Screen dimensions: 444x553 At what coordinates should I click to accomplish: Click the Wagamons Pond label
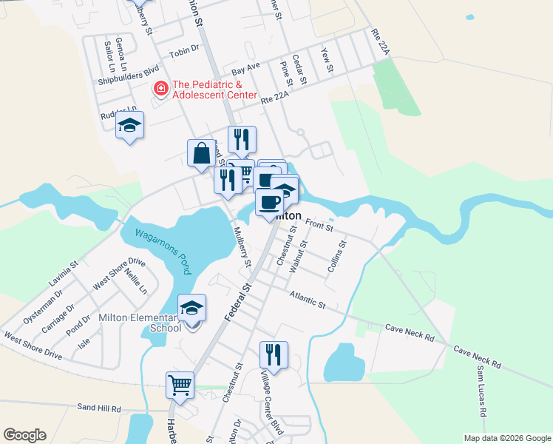(161, 249)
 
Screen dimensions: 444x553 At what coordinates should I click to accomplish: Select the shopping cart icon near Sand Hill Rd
(180, 385)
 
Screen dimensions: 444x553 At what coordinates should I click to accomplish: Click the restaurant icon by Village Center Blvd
(274, 354)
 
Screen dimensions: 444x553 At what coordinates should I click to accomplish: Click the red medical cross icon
(160, 90)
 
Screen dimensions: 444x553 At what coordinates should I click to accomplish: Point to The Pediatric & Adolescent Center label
(214, 90)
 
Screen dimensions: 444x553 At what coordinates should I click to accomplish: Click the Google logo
(24, 435)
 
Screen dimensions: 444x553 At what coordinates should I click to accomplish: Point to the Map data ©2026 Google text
(506, 437)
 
